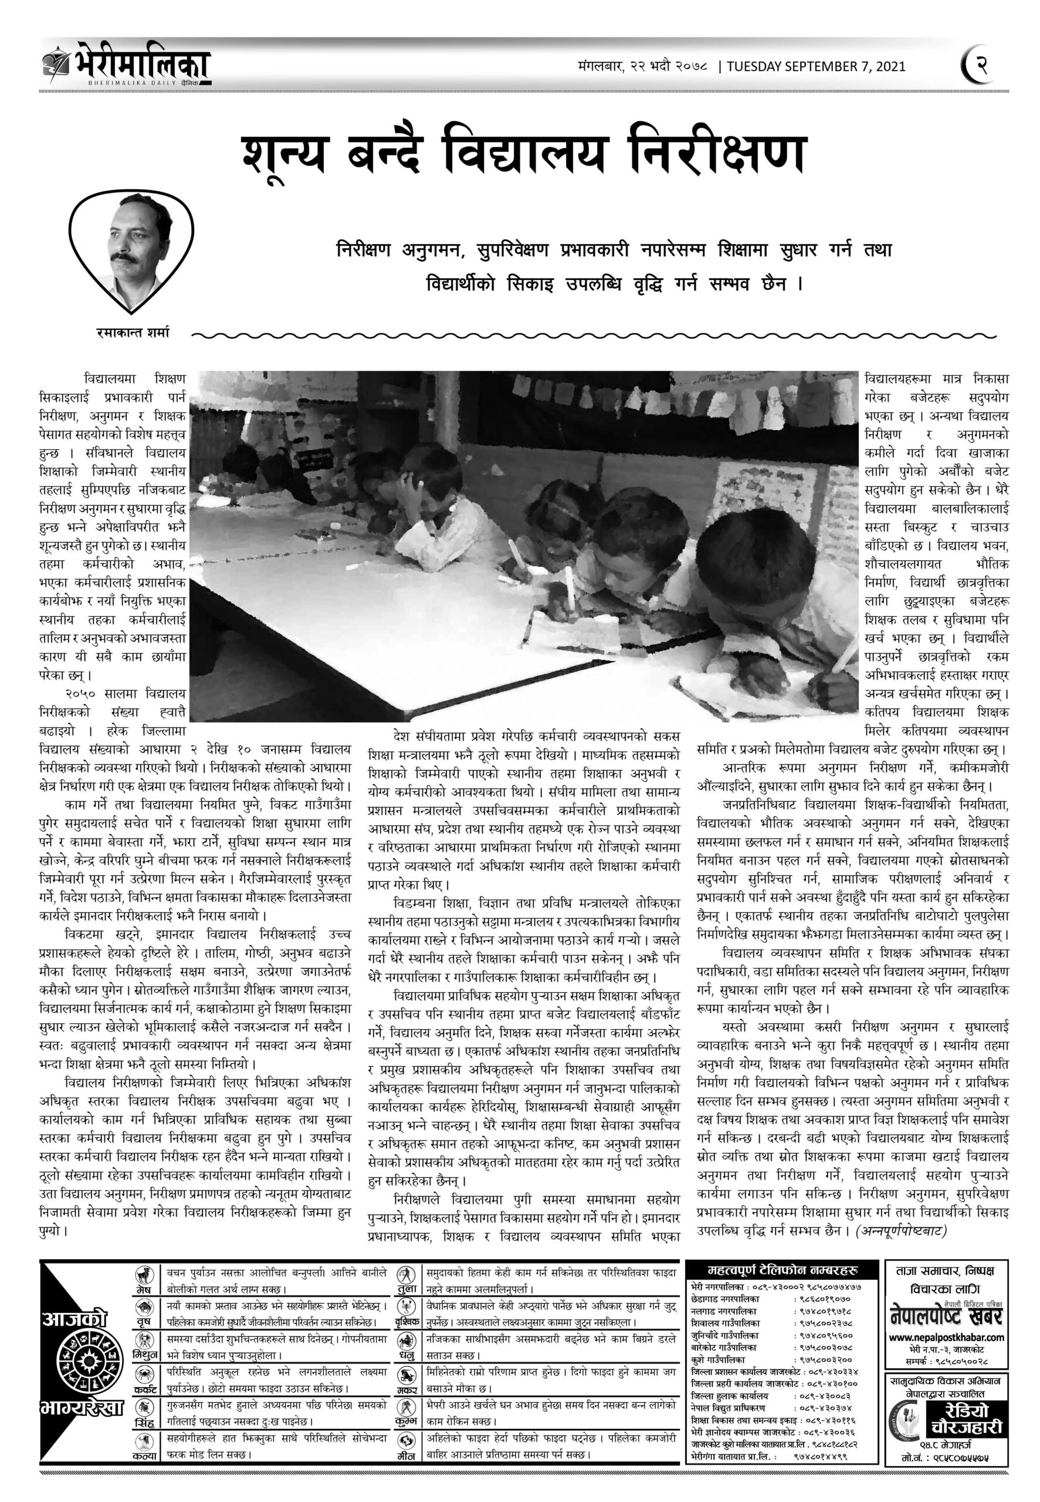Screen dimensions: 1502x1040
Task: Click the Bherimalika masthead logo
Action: [x=127, y=67]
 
